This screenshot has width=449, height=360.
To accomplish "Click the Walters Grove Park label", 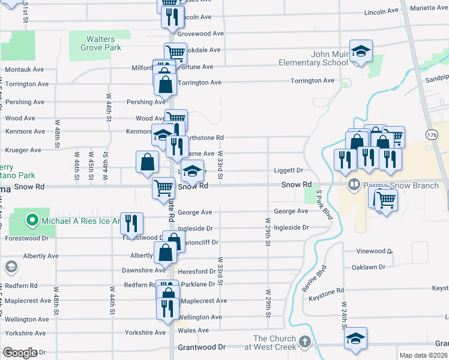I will (x=95, y=43).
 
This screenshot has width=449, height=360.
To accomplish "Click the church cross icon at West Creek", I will (x=304, y=342).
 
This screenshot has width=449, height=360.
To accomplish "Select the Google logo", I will (x=20, y=353).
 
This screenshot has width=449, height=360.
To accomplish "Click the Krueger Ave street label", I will (x=23, y=150).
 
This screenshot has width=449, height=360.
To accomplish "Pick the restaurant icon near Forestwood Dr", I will (x=131, y=223).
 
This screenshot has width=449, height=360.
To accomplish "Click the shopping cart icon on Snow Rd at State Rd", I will (x=163, y=188).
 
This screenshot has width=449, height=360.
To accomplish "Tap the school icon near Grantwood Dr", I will (x=355, y=337).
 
